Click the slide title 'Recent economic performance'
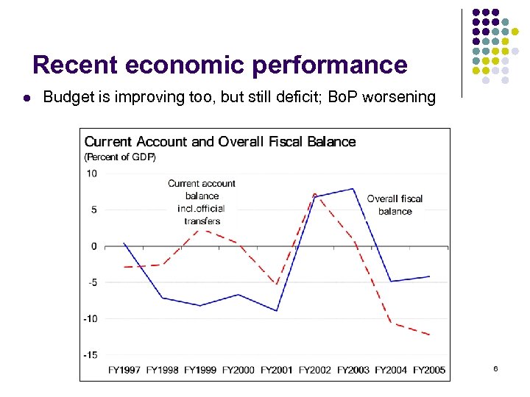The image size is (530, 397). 219,65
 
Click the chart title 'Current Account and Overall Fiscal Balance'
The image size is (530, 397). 219,141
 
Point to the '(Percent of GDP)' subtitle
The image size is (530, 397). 120,157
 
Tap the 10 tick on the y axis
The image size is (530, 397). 91,174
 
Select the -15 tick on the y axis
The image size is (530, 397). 89,354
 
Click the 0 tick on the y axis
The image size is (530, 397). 93,246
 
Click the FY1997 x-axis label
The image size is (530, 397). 124,370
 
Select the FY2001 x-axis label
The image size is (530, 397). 277,370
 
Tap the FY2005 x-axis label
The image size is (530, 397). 429,370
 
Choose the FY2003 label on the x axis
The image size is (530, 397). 353,370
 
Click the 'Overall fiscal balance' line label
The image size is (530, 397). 395,204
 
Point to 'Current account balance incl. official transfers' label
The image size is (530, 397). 202,201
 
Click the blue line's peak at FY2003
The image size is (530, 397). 353,189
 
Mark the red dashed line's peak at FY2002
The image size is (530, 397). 314,194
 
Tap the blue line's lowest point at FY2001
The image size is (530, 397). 277,311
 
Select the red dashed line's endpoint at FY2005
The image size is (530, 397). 429,335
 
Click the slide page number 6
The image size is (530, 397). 495,368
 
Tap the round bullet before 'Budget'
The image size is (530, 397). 26,97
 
